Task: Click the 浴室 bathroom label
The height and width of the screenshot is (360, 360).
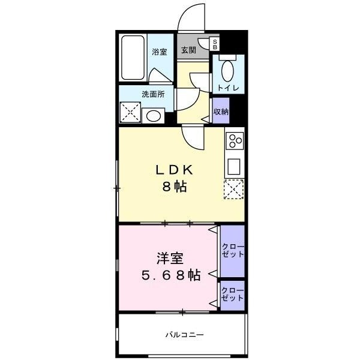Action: (x=158, y=52)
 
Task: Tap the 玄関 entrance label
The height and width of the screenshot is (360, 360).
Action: (x=188, y=50)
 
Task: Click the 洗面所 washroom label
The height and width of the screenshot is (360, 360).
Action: (x=153, y=94)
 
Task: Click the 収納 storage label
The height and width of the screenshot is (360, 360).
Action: (x=221, y=112)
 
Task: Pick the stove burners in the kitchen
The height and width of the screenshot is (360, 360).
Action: (x=235, y=141)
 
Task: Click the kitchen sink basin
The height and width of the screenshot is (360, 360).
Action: (x=234, y=166)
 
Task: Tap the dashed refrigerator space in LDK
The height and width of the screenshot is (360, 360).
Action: (x=234, y=190)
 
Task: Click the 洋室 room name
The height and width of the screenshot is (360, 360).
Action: (x=170, y=259)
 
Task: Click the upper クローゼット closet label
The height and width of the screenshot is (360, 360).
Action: (x=233, y=250)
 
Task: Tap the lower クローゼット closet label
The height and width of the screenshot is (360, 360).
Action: (x=233, y=295)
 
